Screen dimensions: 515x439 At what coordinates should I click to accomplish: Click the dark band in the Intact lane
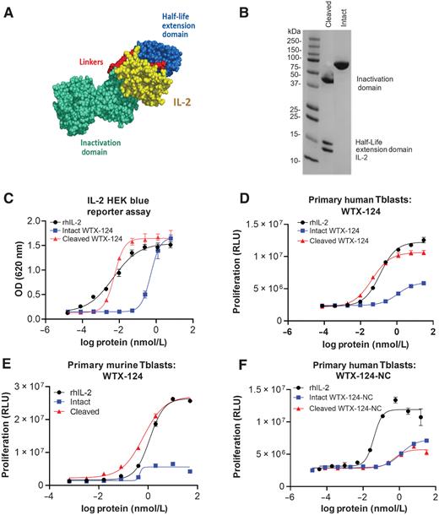342,63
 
